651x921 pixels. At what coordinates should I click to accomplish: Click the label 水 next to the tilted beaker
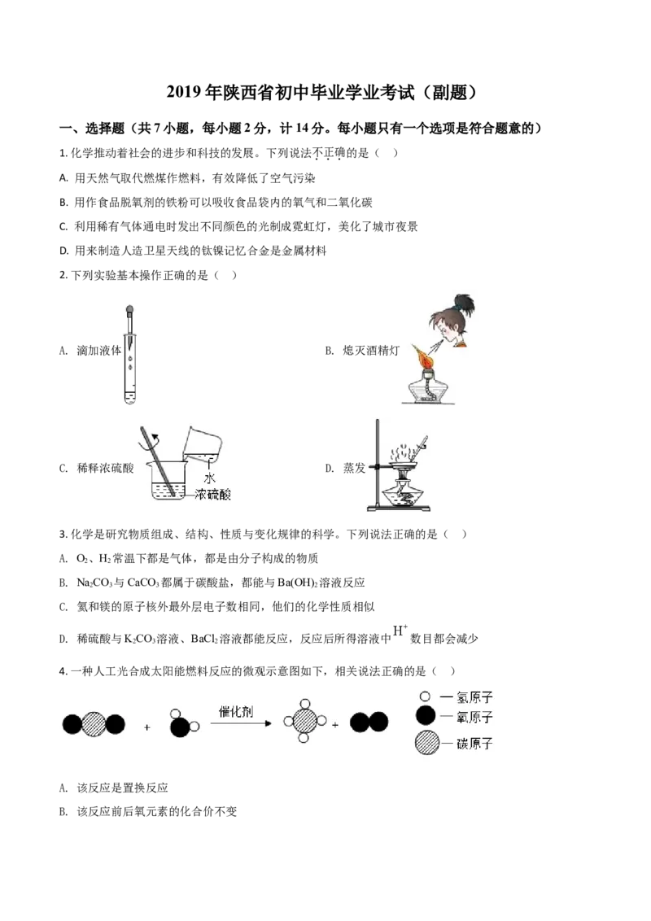click(x=209, y=479)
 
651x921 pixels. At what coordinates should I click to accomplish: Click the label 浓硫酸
click(x=213, y=495)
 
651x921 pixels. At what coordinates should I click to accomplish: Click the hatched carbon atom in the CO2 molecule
click(x=94, y=724)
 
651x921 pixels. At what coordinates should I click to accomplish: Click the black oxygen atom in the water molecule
click(x=179, y=727)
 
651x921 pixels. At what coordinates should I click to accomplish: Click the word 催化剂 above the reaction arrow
click(x=237, y=710)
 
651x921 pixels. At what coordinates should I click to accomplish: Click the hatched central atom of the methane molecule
click(x=304, y=721)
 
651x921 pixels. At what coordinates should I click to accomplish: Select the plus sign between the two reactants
click(x=147, y=727)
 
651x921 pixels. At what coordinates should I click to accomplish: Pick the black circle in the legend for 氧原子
click(x=424, y=717)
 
